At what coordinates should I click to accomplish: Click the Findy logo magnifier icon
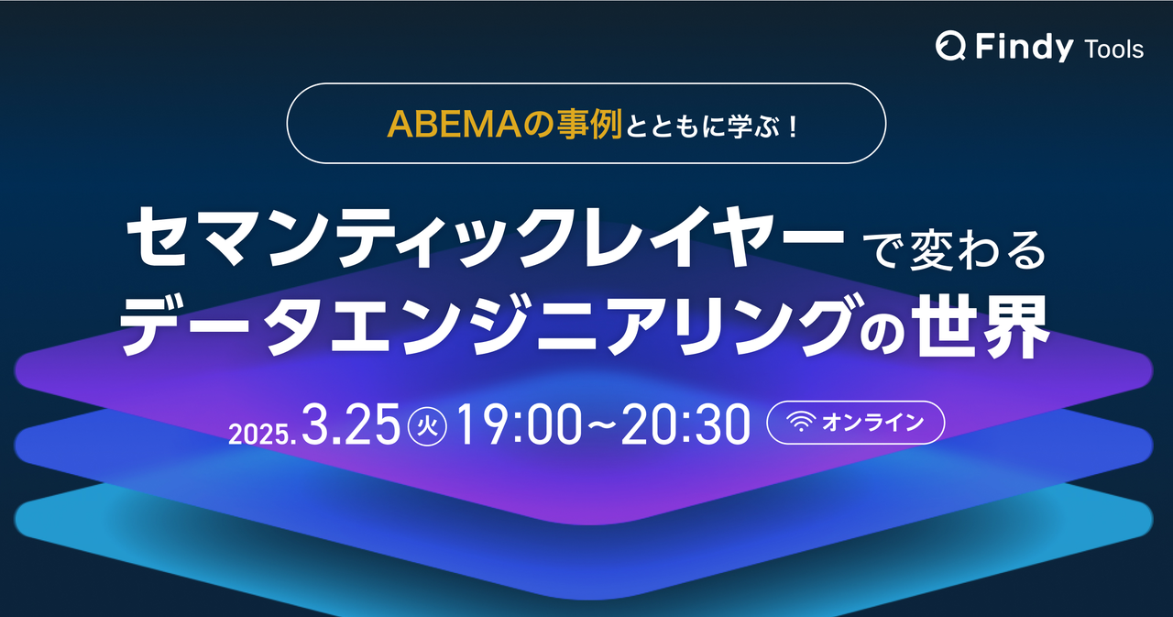(950, 47)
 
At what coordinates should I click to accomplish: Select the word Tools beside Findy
(1113, 50)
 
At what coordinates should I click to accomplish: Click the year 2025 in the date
(260, 432)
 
